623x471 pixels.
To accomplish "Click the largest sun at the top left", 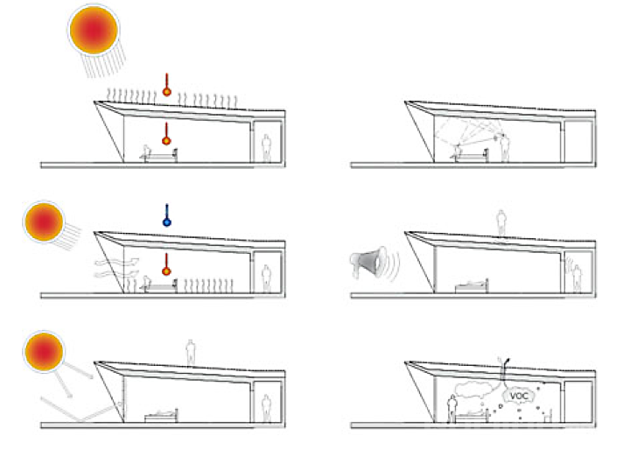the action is (x=94, y=30).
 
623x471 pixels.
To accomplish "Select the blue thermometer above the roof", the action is (x=167, y=215).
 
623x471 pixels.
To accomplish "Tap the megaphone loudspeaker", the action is (x=368, y=262).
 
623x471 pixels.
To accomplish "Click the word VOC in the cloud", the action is (x=519, y=396).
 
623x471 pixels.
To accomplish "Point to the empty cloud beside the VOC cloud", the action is (x=476, y=390).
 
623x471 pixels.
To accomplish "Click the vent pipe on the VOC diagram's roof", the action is (x=503, y=369).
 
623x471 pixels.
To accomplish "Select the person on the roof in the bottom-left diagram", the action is (x=191, y=352).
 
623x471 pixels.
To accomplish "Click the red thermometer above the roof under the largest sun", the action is (x=167, y=85).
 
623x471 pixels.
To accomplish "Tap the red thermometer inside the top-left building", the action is (x=166, y=134).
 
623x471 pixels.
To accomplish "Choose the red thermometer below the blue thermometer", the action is (x=166, y=264).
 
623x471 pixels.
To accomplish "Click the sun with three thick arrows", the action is (x=44, y=352).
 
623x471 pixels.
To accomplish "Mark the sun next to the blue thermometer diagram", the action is (x=44, y=222).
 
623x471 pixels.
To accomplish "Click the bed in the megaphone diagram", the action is (x=472, y=286).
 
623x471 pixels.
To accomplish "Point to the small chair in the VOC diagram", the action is (x=548, y=415).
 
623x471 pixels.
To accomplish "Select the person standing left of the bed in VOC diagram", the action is (x=451, y=409).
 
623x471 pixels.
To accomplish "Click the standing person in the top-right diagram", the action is (x=505, y=148).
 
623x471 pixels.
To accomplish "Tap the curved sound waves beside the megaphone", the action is (x=393, y=264).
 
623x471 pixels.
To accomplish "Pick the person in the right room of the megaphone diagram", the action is (x=577, y=279).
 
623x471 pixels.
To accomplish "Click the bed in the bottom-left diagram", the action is (x=161, y=415).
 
